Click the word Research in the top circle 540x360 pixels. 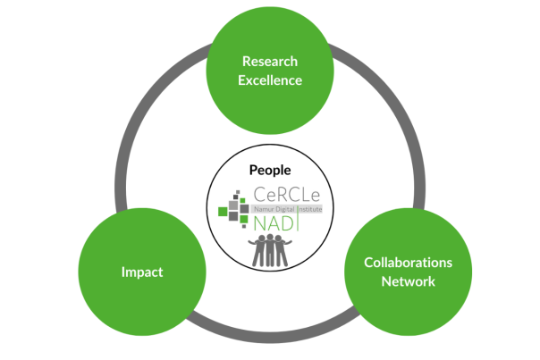270,62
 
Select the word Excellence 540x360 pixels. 270,80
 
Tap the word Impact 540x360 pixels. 142,272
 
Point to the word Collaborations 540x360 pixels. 407,263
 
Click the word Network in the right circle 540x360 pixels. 407,281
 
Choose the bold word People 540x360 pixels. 270,170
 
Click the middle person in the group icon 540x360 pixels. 271,249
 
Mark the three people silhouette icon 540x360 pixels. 271,250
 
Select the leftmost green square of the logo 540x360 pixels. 224,212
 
